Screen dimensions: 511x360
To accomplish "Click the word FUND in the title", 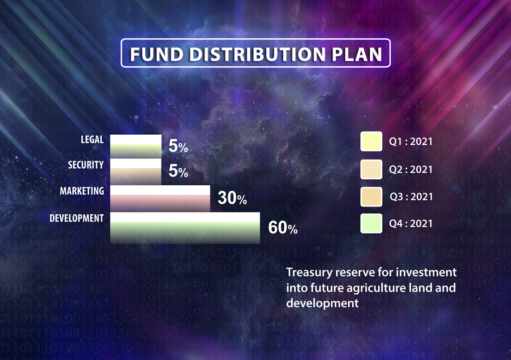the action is (x=156, y=54).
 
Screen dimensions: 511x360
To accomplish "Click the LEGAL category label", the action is (x=92, y=140).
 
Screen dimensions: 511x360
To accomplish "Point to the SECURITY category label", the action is (x=86, y=165).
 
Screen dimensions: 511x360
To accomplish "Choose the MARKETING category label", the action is (x=82, y=191).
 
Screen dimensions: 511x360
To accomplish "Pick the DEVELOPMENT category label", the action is (x=77, y=218).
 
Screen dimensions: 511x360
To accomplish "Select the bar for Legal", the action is (x=136, y=146).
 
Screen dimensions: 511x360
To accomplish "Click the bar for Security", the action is (x=136, y=171).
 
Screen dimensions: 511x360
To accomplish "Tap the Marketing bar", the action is (x=160, y=199).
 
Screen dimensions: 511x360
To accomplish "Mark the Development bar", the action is (x=185, y=228).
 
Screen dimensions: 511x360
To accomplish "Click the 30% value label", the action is (x=232, y=198).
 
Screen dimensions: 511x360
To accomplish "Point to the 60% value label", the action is (x=282, y=228).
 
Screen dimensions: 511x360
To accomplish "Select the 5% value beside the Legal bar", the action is (x=178, y=146).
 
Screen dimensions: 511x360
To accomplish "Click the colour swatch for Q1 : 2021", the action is (x=371, y=142).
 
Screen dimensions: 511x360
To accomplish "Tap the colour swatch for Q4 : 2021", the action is (x=371, y=223).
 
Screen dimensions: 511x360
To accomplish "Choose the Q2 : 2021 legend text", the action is (x=411, y=169).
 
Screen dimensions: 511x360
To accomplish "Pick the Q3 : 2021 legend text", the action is (x=411, y=197).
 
